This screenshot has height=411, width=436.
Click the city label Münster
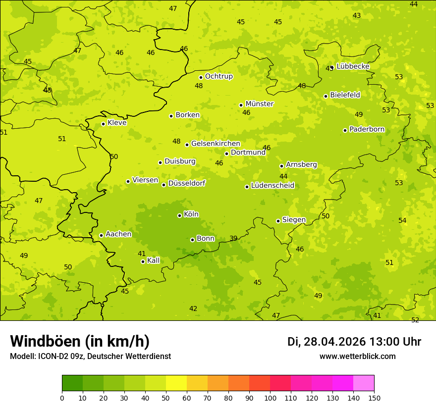(259, 104)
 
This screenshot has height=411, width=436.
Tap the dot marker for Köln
(179, 215)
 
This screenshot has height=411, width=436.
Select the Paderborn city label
(367, 129)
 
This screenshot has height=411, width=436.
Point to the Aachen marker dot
(101, 235)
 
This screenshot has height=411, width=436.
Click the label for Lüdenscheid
(272, 186)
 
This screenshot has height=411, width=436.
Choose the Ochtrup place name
(218, 76)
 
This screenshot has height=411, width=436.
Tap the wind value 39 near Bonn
(233, 239)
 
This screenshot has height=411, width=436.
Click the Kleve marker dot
(103, 124)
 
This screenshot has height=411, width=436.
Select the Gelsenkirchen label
(216, 144)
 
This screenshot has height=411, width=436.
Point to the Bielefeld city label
(345, 95)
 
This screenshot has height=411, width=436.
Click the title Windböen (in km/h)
(80, 341)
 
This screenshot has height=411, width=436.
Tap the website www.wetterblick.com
(357, 357)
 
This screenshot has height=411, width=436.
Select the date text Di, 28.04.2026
(327, 342)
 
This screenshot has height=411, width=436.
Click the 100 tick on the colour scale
(270, 398)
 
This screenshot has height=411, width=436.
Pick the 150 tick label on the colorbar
(374, 398)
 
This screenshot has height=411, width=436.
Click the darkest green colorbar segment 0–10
(72, 383)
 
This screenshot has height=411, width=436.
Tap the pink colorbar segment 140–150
(364, 383)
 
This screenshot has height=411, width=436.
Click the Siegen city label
(294, 220)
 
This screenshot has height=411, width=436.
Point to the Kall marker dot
(143, 261)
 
